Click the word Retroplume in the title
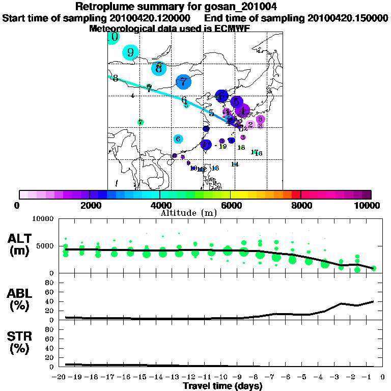pyautogui.click(x=105, y=7)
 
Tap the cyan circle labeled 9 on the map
pyautogui.click(x=131, y=52)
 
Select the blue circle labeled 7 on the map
pyautogui.click(x=183, y=81)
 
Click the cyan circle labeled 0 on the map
pyautogui.click(x=114, y=37)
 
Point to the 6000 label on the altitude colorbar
pyautogui.click(x=230, y=205)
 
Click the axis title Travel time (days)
pyautogui.click(x=222, y=386)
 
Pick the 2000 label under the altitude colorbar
pyautogui.click(x=90, y=205)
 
